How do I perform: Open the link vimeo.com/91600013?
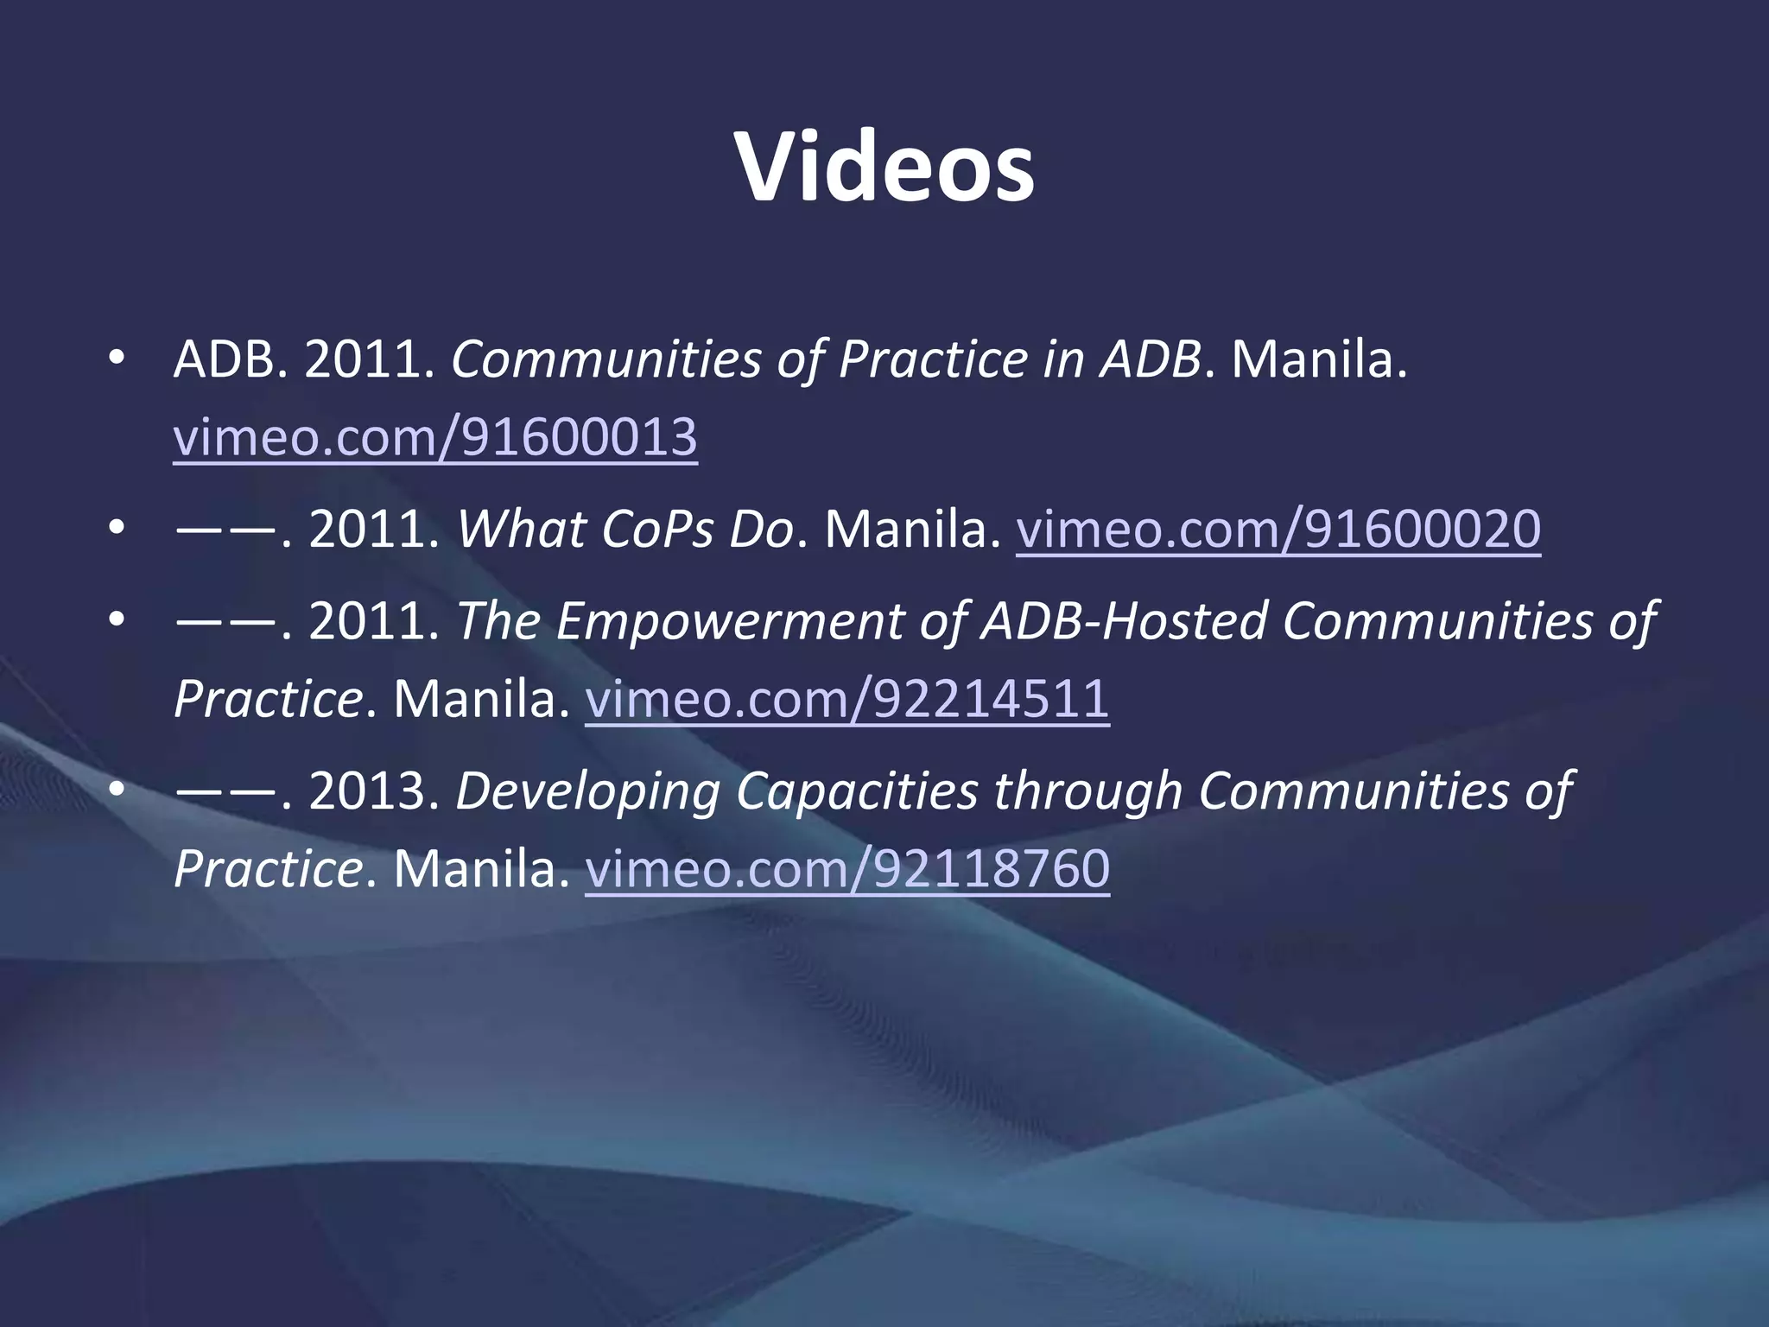(434, 437)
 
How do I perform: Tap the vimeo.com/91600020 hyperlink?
(1278, 529)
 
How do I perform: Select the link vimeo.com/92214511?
(846, 699)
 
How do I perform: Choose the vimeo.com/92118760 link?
(846, 869)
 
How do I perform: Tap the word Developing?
(587, 791)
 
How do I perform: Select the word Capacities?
(856, 791)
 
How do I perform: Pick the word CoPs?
(657, 529)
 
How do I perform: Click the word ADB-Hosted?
(1123, 621)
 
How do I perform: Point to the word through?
(1087, 791)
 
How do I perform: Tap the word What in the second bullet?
(521, 529)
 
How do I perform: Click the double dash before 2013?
(226, 791)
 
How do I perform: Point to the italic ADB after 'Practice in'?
(1150, 359)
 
